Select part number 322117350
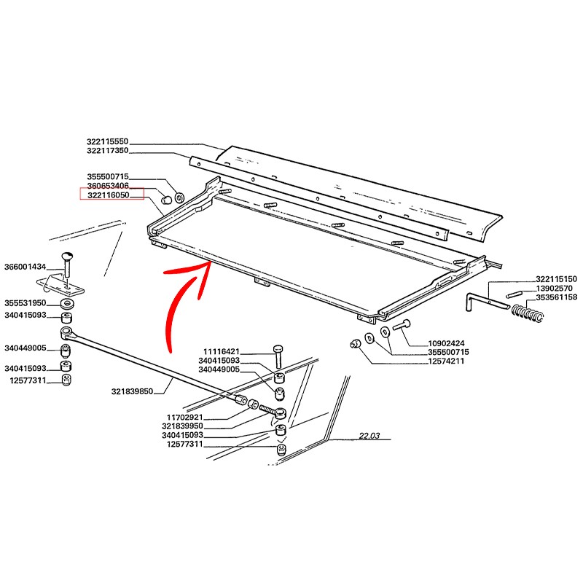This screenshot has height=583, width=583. tap(107, 150)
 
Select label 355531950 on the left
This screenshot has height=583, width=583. tap(25, 302)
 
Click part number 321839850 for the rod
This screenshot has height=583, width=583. tap(132, 391)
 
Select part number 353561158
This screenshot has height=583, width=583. tap(557, 298)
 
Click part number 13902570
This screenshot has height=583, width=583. tap(557, 289)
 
